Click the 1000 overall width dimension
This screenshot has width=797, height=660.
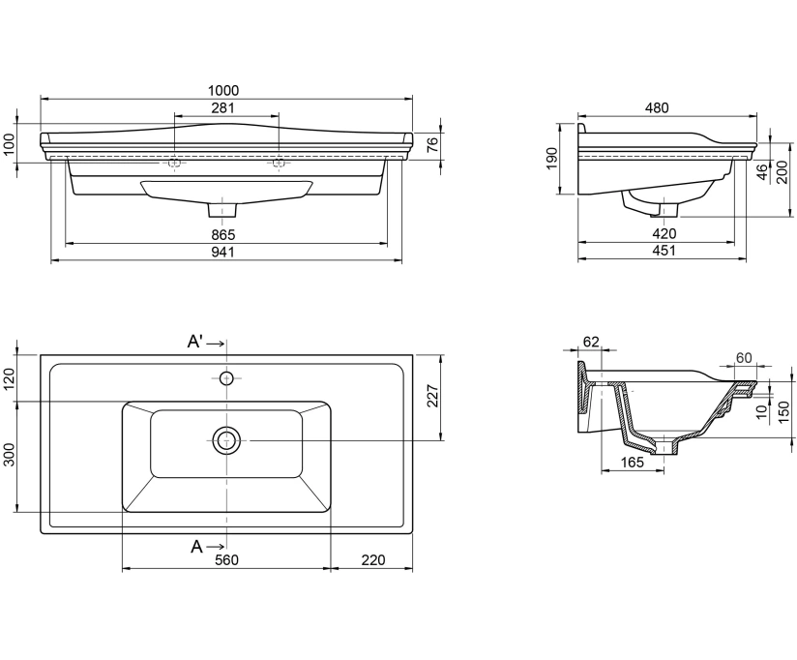223,91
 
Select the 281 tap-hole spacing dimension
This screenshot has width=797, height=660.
223,107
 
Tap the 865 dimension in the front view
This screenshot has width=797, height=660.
223,235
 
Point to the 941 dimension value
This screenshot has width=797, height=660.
223,252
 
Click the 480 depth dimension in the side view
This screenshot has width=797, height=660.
657,107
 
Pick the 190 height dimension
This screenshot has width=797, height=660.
553,159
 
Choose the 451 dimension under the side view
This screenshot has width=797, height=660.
664,251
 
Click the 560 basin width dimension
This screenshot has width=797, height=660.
226,559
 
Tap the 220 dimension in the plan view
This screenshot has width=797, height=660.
373,559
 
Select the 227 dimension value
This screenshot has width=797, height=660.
432,396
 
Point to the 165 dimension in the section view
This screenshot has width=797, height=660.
633,463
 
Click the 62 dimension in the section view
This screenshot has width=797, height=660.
591,342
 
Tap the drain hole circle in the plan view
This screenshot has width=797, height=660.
226,440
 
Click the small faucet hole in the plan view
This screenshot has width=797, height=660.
226,378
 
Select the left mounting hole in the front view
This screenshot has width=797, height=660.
174,163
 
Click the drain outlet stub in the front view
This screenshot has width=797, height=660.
222,210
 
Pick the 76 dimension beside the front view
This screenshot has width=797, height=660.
432,145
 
